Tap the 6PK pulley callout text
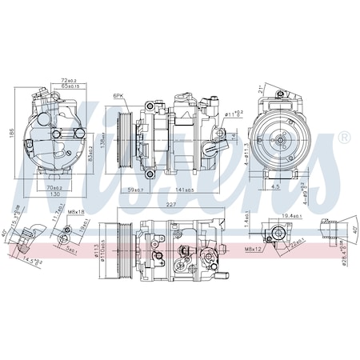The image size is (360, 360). click(x=119, y=95)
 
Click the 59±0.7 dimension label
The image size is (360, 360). click(x=136, y=190)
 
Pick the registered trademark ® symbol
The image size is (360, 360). click(x=344, y=138)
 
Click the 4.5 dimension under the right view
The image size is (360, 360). click(x=274, y=188)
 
